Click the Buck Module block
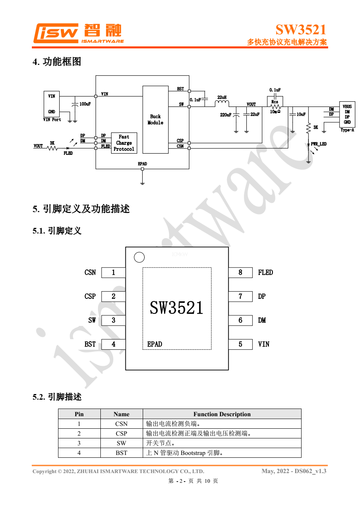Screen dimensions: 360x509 coord(155,119)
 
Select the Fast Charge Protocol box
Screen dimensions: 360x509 coord(124,143)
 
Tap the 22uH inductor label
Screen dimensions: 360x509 coord(222,97)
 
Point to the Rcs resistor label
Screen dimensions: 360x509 coord(275,102)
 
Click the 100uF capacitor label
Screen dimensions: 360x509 coord(85,104)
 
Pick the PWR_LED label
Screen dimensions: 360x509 coord(318,144)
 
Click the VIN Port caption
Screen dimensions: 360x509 coord(52,119)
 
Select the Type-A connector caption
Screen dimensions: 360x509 coord(347,130)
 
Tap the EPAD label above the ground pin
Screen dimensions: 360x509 coord(142,164)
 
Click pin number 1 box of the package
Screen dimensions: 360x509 coord(113,273)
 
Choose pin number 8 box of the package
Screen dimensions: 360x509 coord(240,273)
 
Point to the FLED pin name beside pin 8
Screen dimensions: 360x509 coord(266,273)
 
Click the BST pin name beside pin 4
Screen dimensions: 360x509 coord(90,344)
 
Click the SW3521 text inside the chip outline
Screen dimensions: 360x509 coord(177,308)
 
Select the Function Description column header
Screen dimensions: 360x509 coord(222,414)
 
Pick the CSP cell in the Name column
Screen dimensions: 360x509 coord(121,433)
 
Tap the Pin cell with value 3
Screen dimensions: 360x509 coord(79,443)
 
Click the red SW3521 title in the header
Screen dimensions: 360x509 coord(301,29)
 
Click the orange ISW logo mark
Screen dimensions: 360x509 coord(56,33)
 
